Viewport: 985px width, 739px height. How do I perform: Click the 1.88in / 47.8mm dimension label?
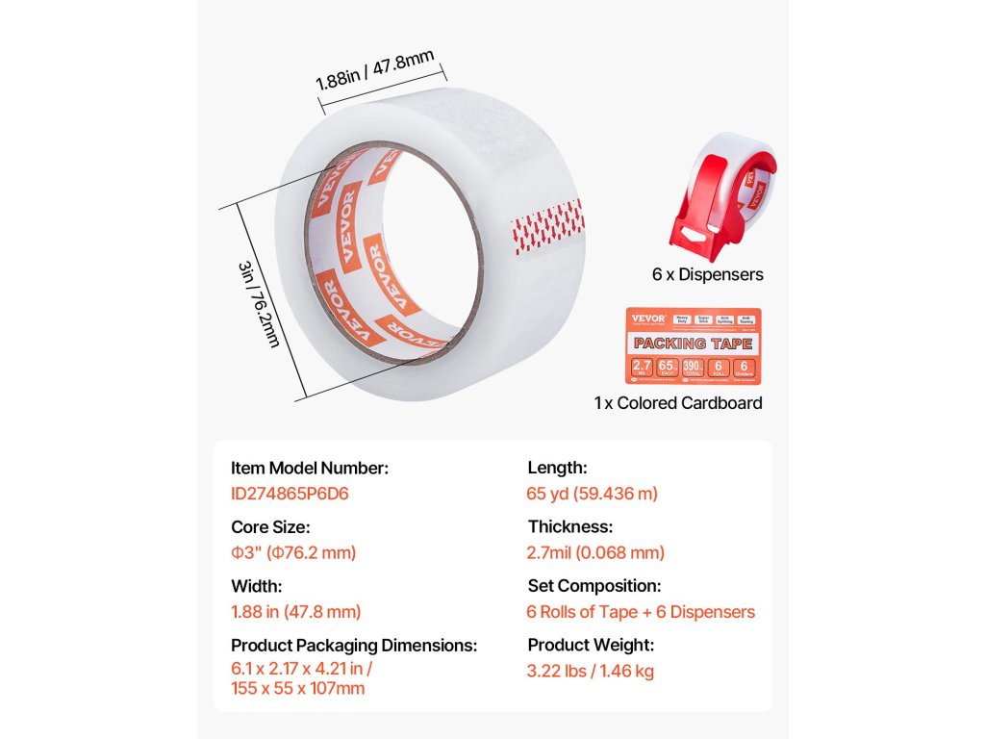click(x=374, y=70)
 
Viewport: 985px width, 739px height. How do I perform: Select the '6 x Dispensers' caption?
click(x=707, y=274)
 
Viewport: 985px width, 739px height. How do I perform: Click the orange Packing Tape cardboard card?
click(x=693, y=347)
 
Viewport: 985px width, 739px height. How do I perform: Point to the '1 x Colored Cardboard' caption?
click(x=678, y=403)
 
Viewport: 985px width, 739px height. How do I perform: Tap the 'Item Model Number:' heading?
click(x=310, y=469)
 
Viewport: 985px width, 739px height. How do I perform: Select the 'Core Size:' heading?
click(x=270, y=527)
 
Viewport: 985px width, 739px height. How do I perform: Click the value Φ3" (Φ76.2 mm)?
click(x=293, y=552)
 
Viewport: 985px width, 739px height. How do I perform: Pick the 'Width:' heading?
click(x=257, y=586)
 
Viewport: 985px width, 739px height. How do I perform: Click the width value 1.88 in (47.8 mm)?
click(x=296, y=611)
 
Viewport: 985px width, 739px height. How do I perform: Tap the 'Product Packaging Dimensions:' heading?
click(x=354, y=645)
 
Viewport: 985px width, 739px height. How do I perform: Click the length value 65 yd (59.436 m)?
click(x=593, y=494)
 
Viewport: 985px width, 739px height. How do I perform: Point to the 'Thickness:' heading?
click(x=570, y=527)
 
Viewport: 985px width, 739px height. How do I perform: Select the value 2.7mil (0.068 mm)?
click(x=595, y=552)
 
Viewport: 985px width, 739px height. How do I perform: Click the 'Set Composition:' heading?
click(x=594, y=586)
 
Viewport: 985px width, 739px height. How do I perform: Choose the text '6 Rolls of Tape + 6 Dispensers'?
click(x=641, y=611)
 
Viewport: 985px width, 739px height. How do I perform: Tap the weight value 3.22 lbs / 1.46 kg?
click(x=590, y=671)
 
